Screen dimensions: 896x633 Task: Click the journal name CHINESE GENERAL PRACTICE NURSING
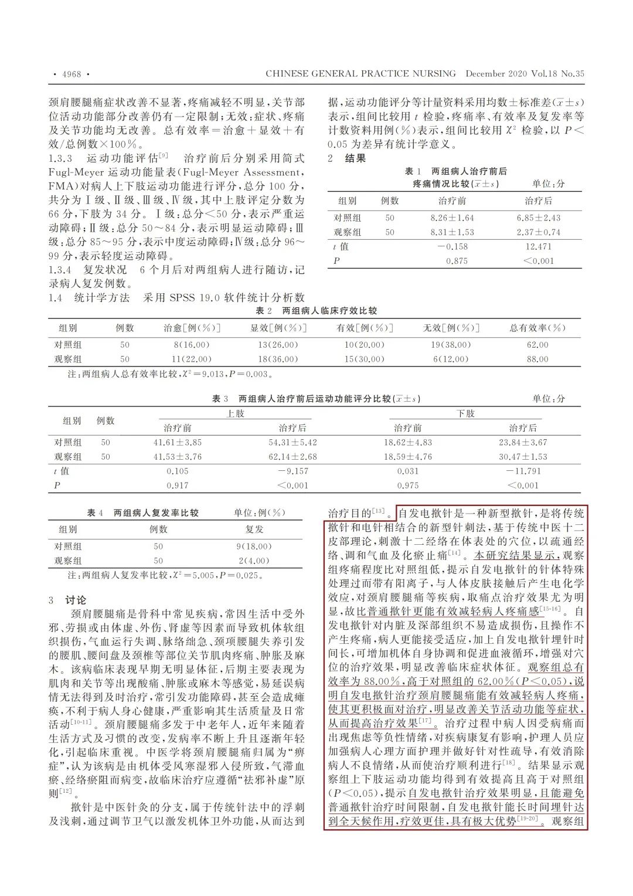pyautogui.click(x=360, y=74)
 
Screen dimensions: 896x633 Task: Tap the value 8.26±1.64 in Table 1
pyautogui.click(x=452, y=218)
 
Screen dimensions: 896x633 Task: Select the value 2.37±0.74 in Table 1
pyautogui.click(x=538, y=232)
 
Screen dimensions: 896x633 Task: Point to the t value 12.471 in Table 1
pyautogui.click(x=538, y=247)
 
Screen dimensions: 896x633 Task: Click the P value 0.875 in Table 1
pyautogui.click(x=457, y=261)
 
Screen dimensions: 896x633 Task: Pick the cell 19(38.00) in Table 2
pyautogui.click(x=451, y=345)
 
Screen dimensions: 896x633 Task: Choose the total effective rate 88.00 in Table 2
pyautogui.click(x=537, y=359)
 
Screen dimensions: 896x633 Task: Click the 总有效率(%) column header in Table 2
pyautogui.click(x=537, y=328)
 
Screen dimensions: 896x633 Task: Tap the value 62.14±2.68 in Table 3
pyautogui.click(x=292, y=457)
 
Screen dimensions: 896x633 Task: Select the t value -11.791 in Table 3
pyautogui.click(x=523, y=471)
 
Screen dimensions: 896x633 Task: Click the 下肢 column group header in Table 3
pyautogui.click(x=465, y=414)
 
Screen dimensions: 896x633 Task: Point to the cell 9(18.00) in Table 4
pyautogui.click(x=254, y=547)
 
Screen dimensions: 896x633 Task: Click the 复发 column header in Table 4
pyautogui.click(x=254, y=530)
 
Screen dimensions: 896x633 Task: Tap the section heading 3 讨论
pyautogui.click(x=67, y=600)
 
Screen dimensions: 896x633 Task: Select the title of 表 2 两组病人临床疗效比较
pyautogui.click(x=316, y=311)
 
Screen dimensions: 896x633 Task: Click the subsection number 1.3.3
pyautogui.click(x=60, y=158)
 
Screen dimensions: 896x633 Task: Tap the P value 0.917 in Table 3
pyautogui.click(x=177, y=486)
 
